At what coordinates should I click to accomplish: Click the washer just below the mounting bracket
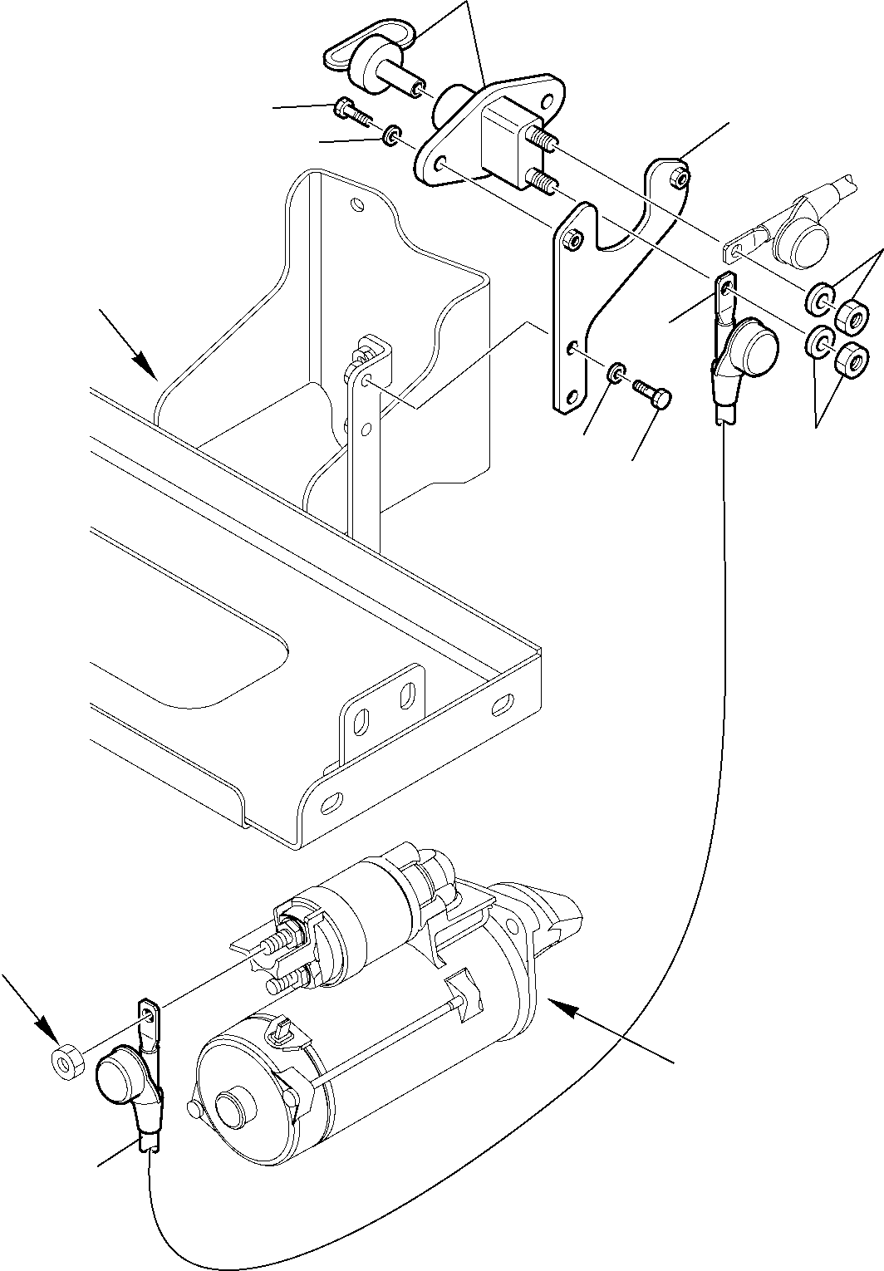pyautogui.click(x=616, y=372)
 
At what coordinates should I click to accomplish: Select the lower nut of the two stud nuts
pyautogui.click(x=852, y=361)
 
